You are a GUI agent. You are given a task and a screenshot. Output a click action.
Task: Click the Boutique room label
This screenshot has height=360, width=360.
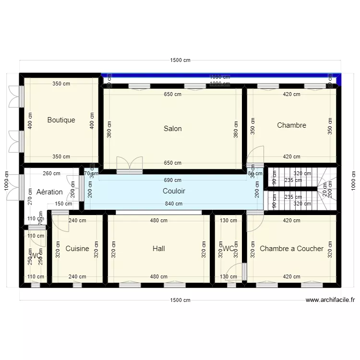[x=61, y=120]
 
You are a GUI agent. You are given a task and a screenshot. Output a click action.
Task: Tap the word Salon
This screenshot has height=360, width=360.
[x=173, y=129]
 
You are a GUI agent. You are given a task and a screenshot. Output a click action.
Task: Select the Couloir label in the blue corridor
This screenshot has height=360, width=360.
[x=174, y=191]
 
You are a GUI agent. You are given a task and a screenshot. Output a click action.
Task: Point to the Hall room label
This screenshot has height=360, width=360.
[x=159, y=249]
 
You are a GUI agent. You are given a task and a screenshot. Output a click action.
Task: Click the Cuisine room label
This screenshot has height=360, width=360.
[x=77, y=249]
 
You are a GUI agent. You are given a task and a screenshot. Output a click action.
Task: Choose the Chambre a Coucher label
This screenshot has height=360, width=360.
[x=291, y=249]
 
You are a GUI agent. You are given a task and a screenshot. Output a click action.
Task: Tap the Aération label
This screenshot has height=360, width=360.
[x=49, y=192]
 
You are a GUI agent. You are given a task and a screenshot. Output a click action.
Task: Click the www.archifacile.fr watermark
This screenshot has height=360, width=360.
[x=330, y=300]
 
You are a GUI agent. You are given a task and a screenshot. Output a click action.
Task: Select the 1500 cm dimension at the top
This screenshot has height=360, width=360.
[x=180, y=60]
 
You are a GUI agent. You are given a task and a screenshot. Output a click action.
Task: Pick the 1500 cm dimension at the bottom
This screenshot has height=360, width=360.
[x=180, y=300]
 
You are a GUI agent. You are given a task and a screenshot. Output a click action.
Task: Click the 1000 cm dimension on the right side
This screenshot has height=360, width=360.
[x=354, y=180]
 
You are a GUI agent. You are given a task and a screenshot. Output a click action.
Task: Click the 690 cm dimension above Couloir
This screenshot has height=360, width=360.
[x=173, y=180]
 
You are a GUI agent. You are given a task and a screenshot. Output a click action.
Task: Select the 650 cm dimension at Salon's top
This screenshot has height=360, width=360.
[x=173, y=95]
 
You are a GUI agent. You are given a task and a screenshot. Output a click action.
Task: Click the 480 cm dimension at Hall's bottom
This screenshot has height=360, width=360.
[x=159, y=277]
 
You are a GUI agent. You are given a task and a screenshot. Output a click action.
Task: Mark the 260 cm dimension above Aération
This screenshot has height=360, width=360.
[x=51, y=174]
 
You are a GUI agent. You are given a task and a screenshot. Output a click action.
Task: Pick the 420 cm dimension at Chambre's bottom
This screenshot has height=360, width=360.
[x=291, y=156]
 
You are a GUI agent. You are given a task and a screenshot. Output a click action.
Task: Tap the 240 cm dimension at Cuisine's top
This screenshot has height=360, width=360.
[x=77, y=221]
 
